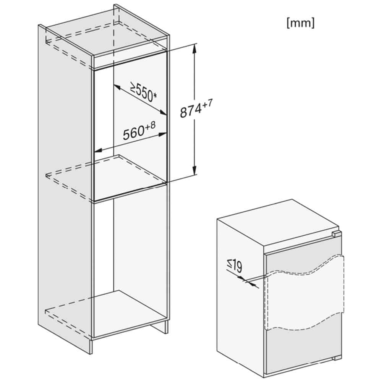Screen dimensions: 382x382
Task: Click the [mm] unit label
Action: point(300,23)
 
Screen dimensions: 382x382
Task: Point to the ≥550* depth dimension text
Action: point(143,92)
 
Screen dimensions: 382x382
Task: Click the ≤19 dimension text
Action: point(235,265)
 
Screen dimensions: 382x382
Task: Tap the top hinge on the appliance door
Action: point(336,233)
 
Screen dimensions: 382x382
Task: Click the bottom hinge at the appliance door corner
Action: point(337,358)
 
